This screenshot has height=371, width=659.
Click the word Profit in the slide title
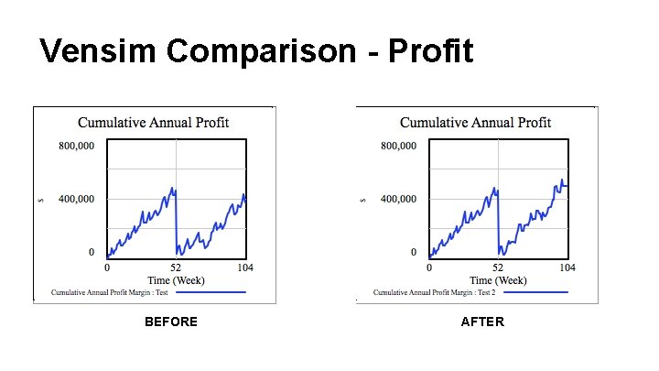point(431,51)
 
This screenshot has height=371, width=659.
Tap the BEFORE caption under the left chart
point(171,322)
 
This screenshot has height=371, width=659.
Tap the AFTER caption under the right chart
point(482,322)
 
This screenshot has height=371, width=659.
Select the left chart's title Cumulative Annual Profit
point(154,122)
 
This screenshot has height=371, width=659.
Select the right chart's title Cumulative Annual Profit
point(476,122)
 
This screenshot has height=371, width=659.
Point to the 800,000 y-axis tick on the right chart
point(398,146)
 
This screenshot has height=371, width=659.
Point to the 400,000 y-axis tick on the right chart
point(398,199)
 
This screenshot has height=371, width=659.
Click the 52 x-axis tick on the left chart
point(177,267)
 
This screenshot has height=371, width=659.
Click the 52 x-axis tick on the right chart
point(498,267)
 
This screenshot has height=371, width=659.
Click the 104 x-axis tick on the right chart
point(567,267)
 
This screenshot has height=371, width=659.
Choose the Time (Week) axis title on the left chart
point(177,279)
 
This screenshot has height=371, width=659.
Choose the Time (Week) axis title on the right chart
point(499,279)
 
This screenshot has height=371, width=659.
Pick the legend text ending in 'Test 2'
point(434,293)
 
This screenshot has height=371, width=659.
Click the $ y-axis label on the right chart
point(362,199)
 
